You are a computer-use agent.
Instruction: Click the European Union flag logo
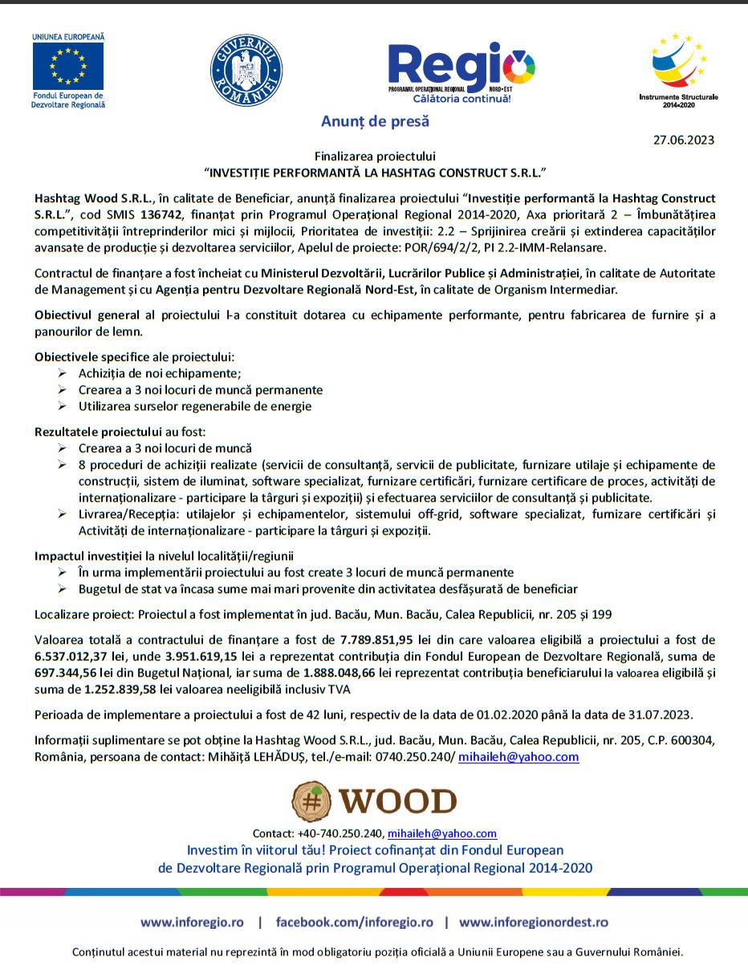coord(67,65)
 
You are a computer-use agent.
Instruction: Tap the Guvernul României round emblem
coord(246,67)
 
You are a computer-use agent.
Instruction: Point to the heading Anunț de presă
coord(375,122)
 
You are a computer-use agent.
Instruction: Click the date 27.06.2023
coord(683,140)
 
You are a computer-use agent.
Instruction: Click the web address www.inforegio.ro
coord(192,922)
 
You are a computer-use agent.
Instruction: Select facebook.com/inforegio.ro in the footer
coord(355,922)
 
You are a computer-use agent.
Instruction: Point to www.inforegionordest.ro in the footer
coord(533,922)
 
